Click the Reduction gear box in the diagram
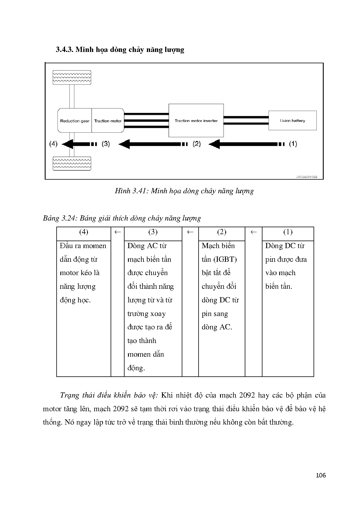75,121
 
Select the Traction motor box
108,121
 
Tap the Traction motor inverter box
196,121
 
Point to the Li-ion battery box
292,120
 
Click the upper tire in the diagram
72,77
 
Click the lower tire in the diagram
72,163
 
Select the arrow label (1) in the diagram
293,144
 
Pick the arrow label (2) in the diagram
197,144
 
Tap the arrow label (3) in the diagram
106,144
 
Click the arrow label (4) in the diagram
53,144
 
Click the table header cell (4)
84,232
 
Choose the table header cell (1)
288,232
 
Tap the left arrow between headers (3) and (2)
190,232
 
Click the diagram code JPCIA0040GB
307,176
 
